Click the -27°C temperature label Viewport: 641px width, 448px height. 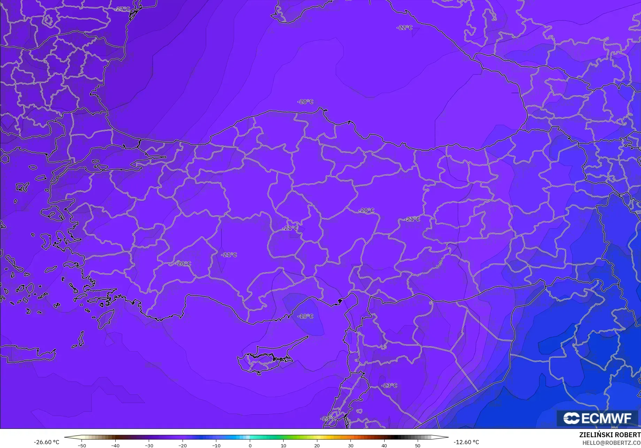coord(123,9)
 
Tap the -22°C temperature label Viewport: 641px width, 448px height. coord(404,27)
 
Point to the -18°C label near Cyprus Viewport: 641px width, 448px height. coord(305,316)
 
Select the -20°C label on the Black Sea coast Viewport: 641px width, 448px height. coord(305,102)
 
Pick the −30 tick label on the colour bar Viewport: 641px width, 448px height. coord(149,445)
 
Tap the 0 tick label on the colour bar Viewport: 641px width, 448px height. coord(250,445)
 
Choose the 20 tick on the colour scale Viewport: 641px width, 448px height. coord(317,445)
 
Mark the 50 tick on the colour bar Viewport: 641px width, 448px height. coord(418,445)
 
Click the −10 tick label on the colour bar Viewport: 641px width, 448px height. coord(216,445)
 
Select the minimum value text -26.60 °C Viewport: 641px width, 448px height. coord(46,442)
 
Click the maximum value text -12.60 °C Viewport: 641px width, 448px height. coord(466,442)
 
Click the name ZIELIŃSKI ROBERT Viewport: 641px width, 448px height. coord(610,435)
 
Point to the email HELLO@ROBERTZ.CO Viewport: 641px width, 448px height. coord(611,442)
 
